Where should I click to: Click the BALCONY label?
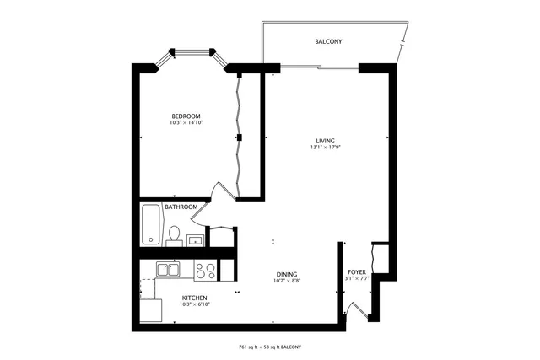pos(328,41)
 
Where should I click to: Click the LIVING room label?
pos(326,140)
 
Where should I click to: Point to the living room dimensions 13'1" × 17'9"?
pos(326,148)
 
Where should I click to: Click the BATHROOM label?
pos(181,207)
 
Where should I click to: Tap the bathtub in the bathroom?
pos(152,224)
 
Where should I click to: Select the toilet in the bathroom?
pos(174,234)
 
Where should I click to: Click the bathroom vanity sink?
pos(195,239)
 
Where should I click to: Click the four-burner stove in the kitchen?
pos(205,270)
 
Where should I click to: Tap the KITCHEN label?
pos(194,298)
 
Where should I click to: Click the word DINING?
pos(287,274)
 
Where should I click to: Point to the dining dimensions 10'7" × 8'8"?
pos(287,281)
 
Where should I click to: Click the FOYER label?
pos(357,271)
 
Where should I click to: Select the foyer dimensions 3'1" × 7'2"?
pos(357,278)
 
